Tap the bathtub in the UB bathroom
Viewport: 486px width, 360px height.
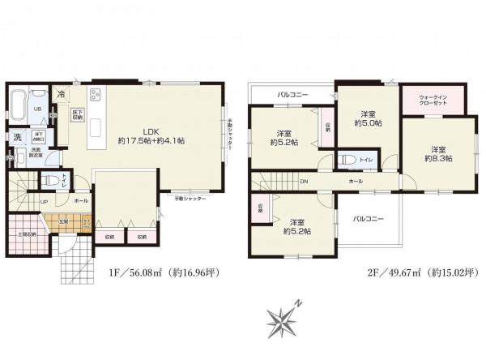(18, 107)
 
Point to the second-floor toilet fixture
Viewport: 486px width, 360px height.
(344, 159)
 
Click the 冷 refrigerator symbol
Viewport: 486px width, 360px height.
(62, 94)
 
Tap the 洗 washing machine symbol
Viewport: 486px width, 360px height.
(16, 139)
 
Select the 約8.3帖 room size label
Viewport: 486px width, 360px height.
(438, 154)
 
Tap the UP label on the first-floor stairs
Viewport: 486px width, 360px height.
(43, 202)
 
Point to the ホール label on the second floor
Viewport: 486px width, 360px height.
(356, 181)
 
